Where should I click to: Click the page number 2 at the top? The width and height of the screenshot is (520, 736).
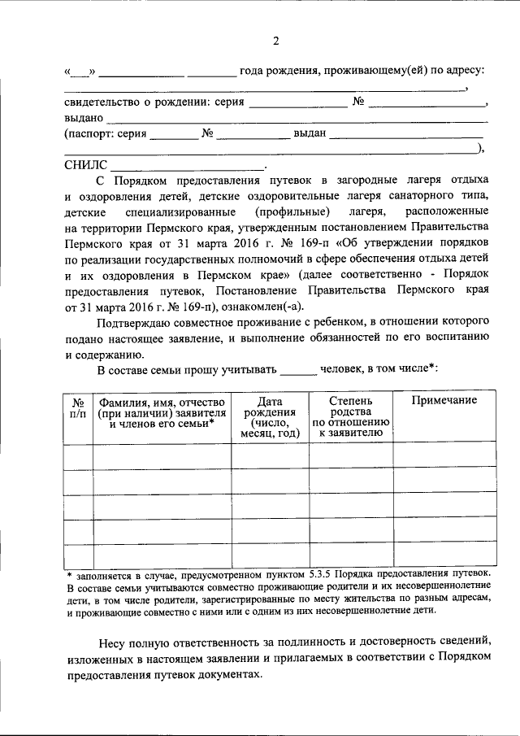point(275,41)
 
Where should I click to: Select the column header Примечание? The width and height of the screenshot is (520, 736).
point(443,401)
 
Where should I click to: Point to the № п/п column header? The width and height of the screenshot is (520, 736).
point(78,407)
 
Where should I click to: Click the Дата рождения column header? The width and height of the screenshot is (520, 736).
point(270,417)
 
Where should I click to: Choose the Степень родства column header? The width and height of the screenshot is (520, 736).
point(352,417)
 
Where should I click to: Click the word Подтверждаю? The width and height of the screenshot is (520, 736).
point(133,324)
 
